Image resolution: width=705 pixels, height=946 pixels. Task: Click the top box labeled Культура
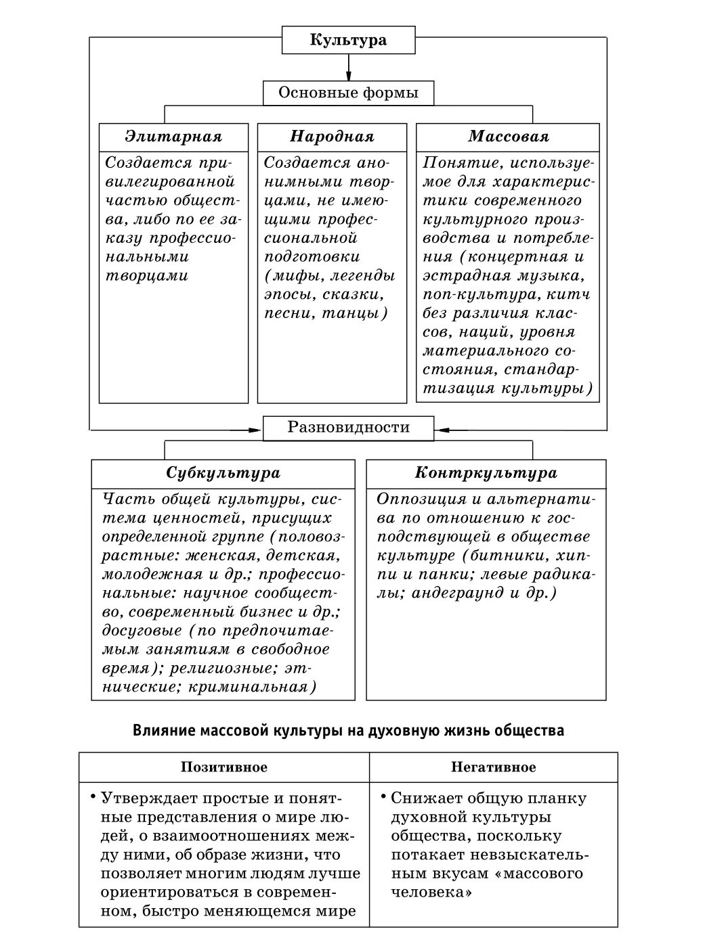coord(348,40)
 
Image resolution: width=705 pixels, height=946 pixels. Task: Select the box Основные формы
coord(348,93)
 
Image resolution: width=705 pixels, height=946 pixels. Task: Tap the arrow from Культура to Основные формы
coord(348,68)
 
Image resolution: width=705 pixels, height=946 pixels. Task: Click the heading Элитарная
coord(173,137)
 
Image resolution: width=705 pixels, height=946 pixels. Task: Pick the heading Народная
coord(332,137)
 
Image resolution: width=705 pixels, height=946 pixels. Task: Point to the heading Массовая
coord(508,137)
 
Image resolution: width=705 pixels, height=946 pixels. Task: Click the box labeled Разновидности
coord(348,428)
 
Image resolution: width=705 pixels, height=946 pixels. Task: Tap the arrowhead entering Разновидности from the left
coord(256,428)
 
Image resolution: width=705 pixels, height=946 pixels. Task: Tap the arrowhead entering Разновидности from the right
coord(442,428)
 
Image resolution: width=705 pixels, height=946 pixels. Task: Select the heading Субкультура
coord(223,472)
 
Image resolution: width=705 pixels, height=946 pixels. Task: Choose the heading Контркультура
coord(486,472)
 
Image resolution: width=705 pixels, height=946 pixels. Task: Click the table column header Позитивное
coord(223,767)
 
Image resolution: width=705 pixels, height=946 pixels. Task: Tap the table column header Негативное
coord(493,767)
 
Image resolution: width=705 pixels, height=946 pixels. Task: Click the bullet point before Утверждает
coord(92,796)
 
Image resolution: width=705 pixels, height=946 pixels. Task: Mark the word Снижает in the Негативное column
coord(421,798)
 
